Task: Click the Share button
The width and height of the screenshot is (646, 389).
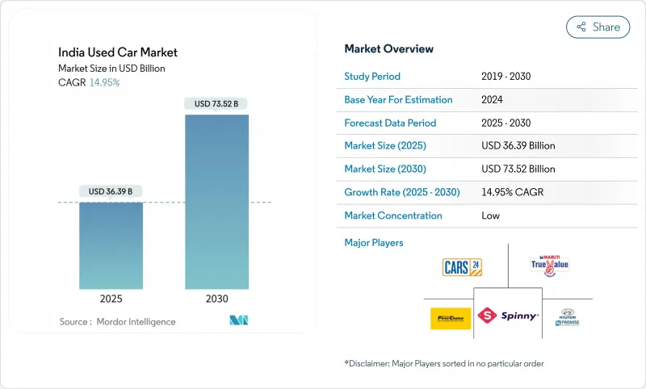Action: point(598,27)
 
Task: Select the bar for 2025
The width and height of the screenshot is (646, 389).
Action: point(111,245)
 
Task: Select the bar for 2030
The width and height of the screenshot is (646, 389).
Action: point(216,202)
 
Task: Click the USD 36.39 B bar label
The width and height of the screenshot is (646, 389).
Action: point(111,191)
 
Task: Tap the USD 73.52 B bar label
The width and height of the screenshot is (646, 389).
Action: point(216,103)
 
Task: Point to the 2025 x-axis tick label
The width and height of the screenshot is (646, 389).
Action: point(111,299)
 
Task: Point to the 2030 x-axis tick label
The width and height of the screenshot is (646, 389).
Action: point(216,299)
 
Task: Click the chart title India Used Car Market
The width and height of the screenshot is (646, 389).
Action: point(118,52)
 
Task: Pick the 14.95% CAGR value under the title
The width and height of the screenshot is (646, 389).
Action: point(104,82)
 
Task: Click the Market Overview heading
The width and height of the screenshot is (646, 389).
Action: point(388,49)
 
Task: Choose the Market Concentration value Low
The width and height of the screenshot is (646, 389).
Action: point(490,215)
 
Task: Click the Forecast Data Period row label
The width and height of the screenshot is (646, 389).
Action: point(390,123)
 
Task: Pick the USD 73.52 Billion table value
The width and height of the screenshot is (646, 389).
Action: point(518,169)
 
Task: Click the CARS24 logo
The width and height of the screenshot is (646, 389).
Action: point(463,267)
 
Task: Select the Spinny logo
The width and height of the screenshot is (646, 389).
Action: point(508,316)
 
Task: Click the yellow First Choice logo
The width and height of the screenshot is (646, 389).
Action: point(451,318)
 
